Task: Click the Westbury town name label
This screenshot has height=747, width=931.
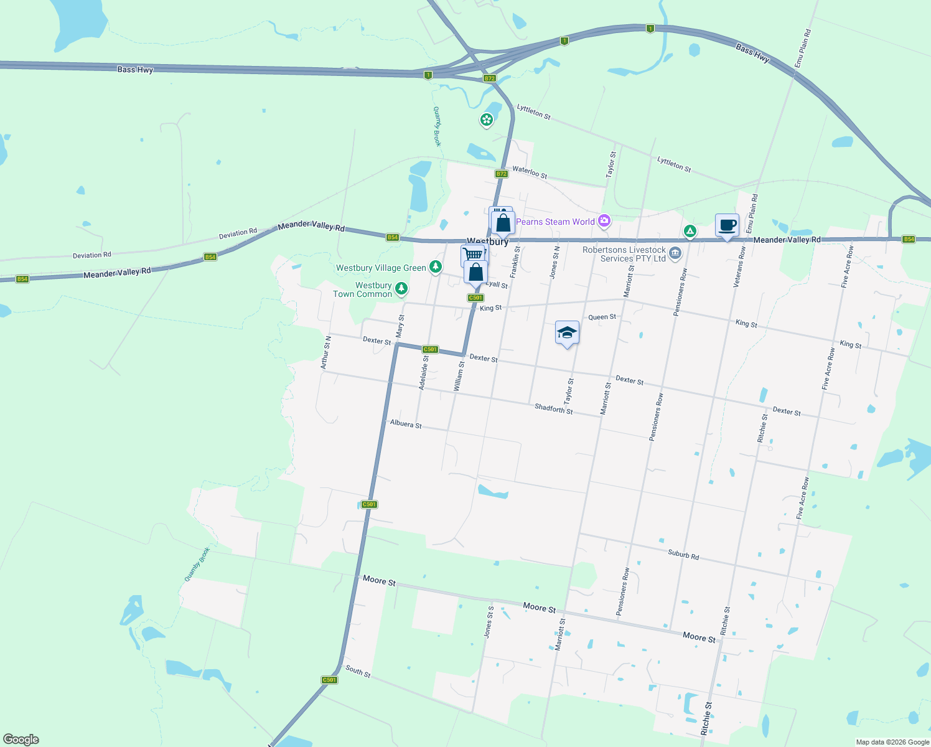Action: (x=487, y=242)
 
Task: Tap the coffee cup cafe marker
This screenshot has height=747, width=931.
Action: (x=727, y=225)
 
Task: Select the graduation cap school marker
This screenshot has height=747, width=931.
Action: (x=566, y=332)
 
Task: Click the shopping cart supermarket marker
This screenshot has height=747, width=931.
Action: (x=473, y=255)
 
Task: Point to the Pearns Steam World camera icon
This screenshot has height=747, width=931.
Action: (x=604, y=221)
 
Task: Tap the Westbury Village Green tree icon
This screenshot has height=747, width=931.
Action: (x=436, y=267)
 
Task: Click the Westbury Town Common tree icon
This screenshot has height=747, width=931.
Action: (x=401, y=288)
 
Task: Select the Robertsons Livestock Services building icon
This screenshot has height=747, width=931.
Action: (x=676, y=253)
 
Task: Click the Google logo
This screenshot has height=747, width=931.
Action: (x=21, y=740)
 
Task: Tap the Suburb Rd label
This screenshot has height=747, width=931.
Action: (x=683, y=554)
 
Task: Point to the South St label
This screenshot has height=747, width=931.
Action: (x=358, y=671)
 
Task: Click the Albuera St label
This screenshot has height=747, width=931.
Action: (x=406, y=424)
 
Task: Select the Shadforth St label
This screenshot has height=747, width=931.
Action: (x=553, y=409)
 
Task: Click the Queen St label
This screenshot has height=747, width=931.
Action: (x=602, y=317)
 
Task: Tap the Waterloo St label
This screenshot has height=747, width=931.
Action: (x=530, y=172)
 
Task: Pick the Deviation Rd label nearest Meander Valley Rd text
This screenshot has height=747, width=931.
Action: (x=238, y=233)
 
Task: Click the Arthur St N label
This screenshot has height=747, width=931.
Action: (x=326, y=352)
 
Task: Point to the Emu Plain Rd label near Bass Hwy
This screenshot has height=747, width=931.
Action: (x=802, y=49)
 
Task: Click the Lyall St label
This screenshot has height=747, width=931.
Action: (x=497, y=284)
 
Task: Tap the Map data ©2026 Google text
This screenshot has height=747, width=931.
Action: (x=892, y=742)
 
